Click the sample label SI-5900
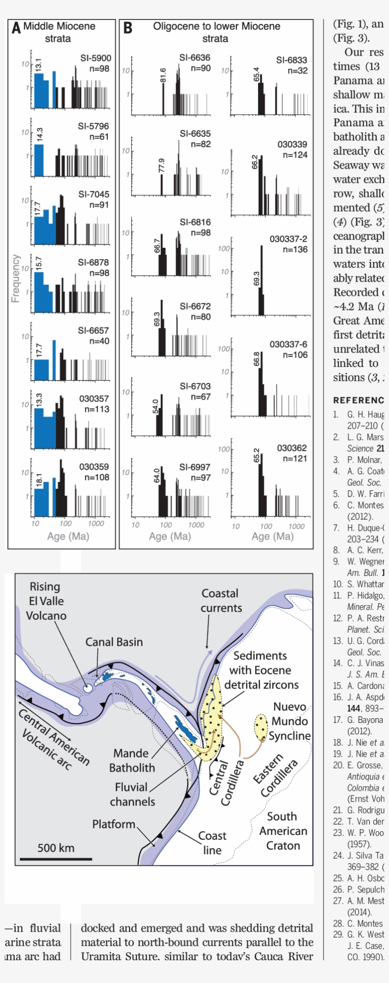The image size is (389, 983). (96, 58)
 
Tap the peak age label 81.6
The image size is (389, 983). (163, 75)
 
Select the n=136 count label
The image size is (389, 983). (295, 250)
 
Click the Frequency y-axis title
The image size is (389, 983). (15, 278)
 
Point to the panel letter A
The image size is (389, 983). (16, 28)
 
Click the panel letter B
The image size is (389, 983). (128, 28)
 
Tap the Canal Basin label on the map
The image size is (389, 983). (114, 642)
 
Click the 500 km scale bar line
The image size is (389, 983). (56, 859)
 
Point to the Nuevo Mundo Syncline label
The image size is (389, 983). (290, 721)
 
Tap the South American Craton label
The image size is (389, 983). (283, 831)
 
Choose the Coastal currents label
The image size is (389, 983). (221, 600)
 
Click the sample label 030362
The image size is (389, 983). (292, 448)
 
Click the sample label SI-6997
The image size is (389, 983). (194, 467)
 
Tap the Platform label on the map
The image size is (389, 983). (114, 824)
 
